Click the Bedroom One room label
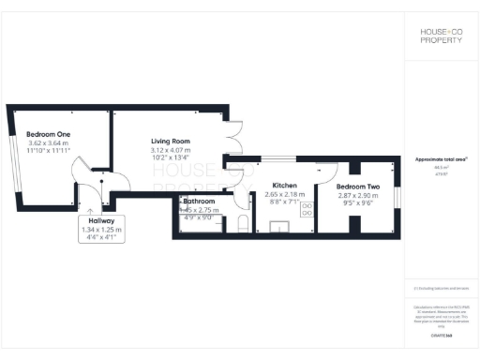click(x=48, y=133)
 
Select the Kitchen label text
click(x=284, y=185)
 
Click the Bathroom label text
click(x=200, y=202)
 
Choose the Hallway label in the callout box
click(x=102, y=222)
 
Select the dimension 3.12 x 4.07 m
click(x=170, y=150)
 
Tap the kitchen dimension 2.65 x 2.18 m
click(x=284, y=192)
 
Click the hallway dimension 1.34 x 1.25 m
click(x=102, y=230)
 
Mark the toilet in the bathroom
click(x=242, y=223)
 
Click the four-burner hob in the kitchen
click(x=304, y=213)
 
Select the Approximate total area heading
click(x=442, y=159)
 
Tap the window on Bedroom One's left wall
click(x=15, y=160)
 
